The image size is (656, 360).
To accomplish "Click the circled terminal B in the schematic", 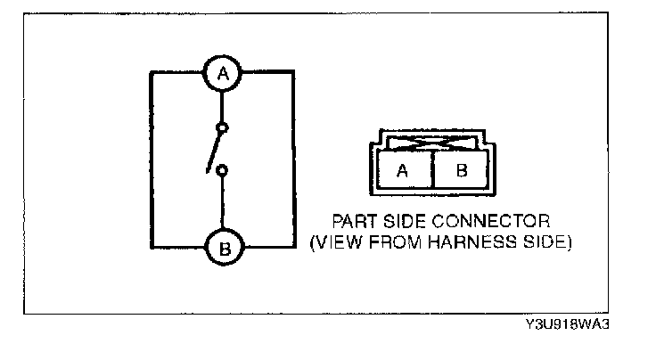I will (x=224, y=249).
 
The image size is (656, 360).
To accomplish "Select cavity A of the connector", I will (x=402, y=171).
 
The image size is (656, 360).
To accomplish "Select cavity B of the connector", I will (x=461, y=171).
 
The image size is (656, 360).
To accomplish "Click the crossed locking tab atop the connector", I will (x=431, y=142).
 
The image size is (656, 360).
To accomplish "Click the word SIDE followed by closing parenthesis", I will (x=534, y=241).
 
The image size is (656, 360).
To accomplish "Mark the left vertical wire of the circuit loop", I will (x=152, y=160).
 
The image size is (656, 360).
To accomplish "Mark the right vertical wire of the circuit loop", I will (x=293, y=160).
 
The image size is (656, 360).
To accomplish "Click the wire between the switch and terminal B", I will (x=224, y=203).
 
